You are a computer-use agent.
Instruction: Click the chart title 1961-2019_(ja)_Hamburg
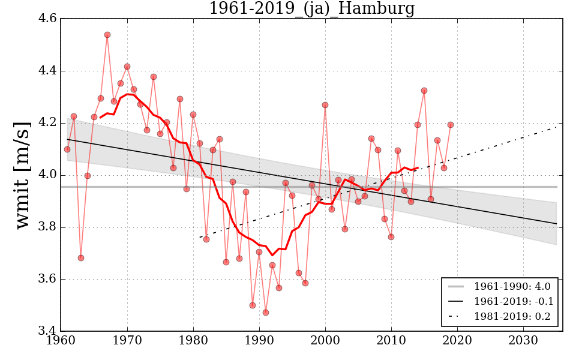click(x=311, y=8)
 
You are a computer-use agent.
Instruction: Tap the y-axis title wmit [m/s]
click(x=23, y=175)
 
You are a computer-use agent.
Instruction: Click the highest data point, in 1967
click(x=107, y=35)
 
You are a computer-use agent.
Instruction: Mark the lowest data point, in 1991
click(x=266, y=313)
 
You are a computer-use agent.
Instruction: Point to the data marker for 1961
click(x=67, y=149)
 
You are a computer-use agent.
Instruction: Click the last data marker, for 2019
click(x=451, y=125)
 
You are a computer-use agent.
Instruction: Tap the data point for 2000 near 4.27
click(x=325, y=105)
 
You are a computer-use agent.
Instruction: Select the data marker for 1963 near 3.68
click(x=81, y=258)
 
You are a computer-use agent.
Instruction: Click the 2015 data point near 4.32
click(x=424, y=91)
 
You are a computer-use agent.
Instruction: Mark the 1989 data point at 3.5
click(x=253, y=305)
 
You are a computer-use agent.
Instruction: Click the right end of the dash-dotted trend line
click(x=556, y=127)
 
